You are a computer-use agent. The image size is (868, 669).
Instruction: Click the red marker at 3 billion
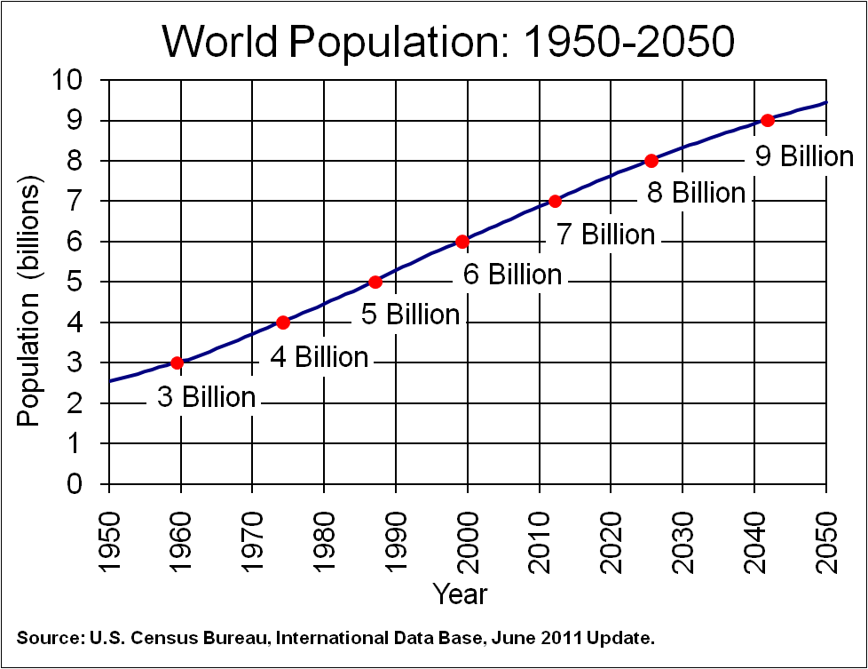[x=177, y=362]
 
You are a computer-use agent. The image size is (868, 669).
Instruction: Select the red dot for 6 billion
[x=462, y=242]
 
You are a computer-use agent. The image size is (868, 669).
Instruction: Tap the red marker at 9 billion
[x=768, y=120]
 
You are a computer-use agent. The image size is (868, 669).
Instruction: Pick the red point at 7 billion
[x=556, y=201]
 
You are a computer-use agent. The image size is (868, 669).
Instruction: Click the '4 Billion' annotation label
[x=319, y=357]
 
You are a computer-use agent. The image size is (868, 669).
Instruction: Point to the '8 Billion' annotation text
[x=696, y=193]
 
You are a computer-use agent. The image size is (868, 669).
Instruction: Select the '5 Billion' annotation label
[x=411, y=315]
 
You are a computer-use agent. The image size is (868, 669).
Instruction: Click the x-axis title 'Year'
[x=460, y=593]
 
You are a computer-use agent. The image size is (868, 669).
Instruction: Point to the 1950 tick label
[x=108, y=531]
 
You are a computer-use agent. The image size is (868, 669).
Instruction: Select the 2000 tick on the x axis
[x=468, y=531]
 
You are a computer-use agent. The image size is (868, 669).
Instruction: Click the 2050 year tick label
[x=826, y=531]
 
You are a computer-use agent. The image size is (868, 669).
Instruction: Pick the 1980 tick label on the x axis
[x=324, y=531]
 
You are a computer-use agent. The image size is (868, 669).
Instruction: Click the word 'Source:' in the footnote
[x=46, y=638]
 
